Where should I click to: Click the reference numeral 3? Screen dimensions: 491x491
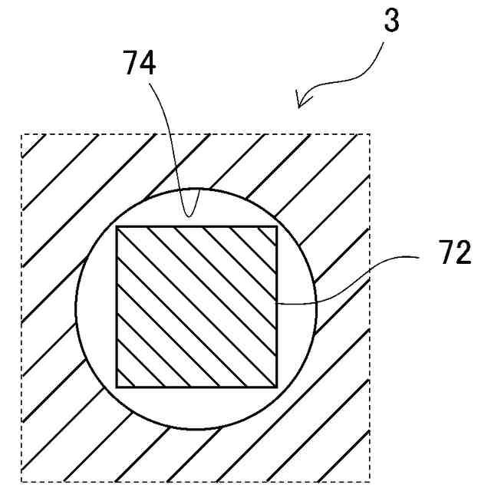click(391, 21)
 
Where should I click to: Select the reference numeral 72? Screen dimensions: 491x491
click(454, 253)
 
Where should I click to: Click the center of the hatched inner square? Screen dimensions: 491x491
click(196, 307)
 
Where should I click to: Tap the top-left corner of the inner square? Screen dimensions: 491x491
click(117, 227)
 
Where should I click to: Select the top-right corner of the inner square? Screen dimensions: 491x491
click(277, 227)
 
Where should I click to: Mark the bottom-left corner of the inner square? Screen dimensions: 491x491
click(117, 387)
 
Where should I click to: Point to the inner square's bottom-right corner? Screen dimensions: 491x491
click(277, 387)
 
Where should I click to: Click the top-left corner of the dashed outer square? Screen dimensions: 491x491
click(21, 134)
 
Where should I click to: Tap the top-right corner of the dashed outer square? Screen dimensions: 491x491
click(371, 134)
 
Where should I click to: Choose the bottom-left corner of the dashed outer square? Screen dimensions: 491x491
click(21, 482)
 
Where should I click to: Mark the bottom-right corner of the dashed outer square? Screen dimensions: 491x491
click(371, 482)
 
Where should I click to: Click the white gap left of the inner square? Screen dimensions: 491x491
click(96, 307)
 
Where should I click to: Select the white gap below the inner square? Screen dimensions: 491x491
click(196, 407)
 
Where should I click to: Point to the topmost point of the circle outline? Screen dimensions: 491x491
click(196, 187)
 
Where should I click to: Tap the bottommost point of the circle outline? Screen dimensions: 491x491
click(196, 429)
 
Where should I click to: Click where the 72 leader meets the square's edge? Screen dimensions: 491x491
click(277, 304)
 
